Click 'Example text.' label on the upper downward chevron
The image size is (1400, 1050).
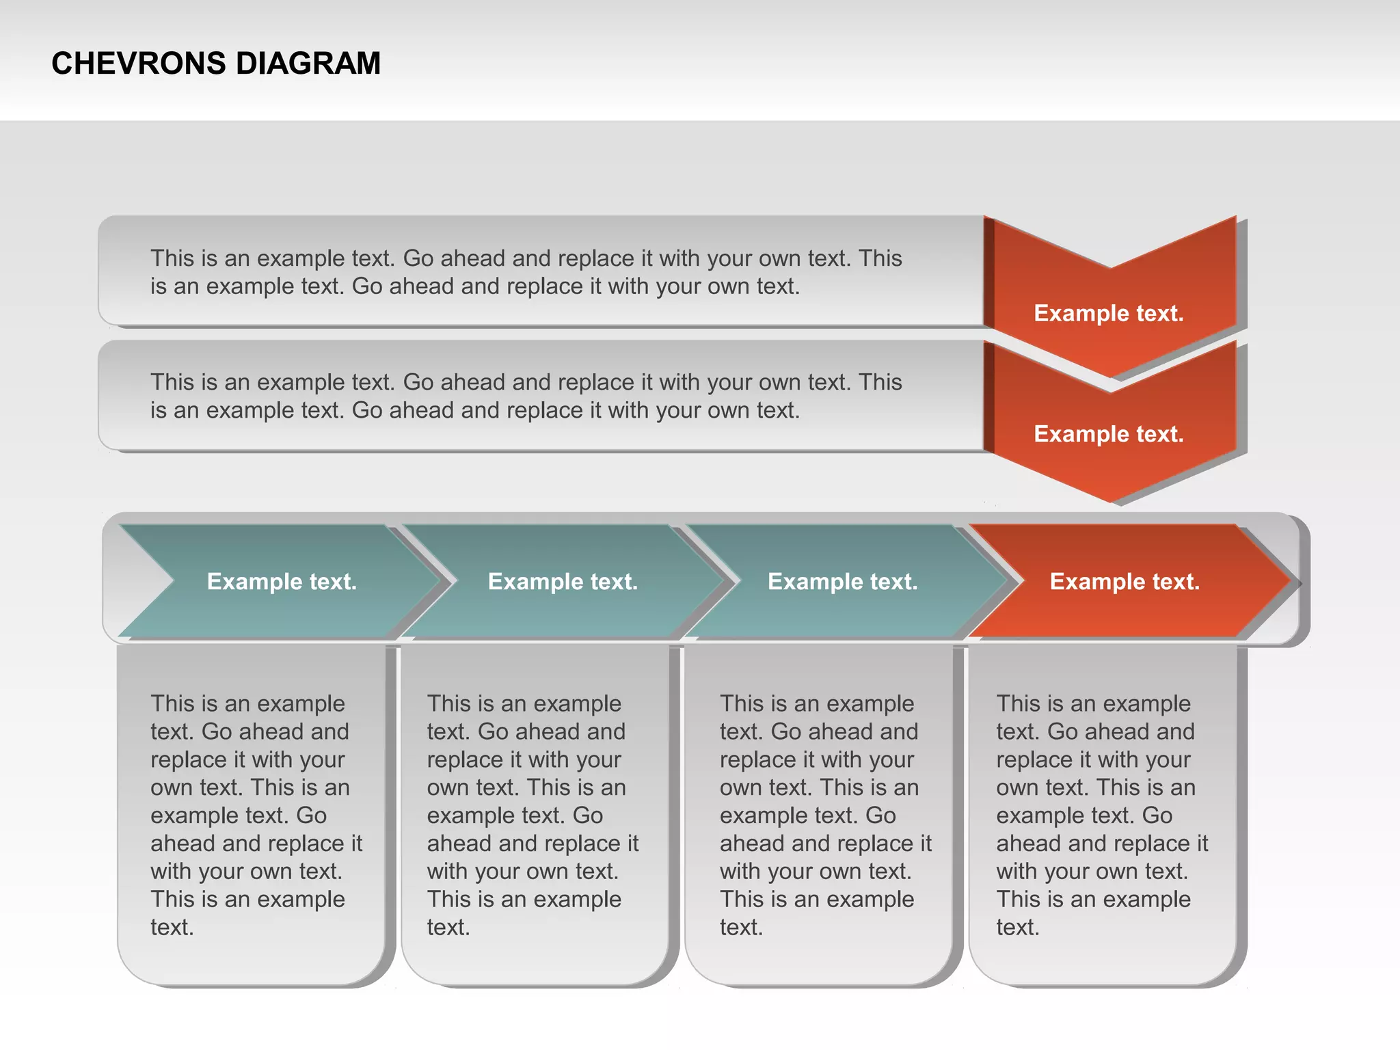1108,313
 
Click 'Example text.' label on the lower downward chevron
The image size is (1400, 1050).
1108,434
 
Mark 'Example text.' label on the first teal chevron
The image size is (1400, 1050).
282,582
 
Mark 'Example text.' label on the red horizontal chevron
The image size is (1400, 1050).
1125,582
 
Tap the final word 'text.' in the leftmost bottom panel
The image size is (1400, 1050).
172,928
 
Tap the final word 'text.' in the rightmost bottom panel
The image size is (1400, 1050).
1018,928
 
